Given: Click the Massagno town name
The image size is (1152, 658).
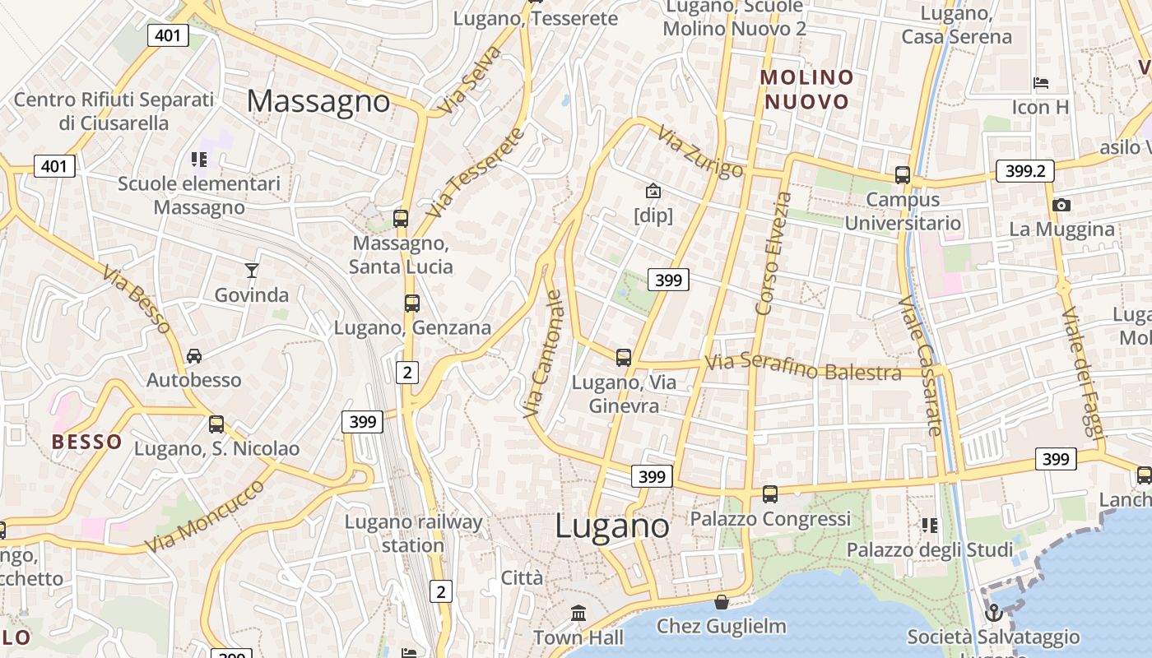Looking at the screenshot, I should [318, 101].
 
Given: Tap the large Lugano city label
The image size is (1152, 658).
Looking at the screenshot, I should [612, 526].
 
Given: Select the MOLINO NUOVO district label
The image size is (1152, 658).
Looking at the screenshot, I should [806, 90].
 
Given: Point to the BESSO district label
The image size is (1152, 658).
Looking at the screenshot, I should [86, 442].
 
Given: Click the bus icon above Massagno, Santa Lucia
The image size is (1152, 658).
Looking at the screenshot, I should [401, 219].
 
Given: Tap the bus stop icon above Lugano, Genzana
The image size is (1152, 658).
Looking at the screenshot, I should [412, 303].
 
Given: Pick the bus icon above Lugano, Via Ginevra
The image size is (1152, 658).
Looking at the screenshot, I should [624, 357].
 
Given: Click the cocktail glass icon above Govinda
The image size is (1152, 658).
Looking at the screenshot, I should [252, 270].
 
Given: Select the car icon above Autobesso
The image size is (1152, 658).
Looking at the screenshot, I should [194, 355].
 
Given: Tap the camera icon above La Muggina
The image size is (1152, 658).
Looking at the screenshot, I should [1061, 205].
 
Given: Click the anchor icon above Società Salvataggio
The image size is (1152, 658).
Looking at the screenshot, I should [993, 613].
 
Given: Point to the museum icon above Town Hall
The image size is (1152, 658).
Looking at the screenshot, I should [578, 613].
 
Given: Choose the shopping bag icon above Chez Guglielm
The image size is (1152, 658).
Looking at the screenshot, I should [722, 602].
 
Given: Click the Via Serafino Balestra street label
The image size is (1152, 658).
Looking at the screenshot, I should [803, 367].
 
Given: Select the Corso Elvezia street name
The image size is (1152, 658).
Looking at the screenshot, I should [773, 253].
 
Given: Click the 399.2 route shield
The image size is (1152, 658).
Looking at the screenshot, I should [1024, 170].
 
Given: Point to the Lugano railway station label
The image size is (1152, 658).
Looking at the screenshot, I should [413, 533].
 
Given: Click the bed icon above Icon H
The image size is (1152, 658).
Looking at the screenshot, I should [1041, 82].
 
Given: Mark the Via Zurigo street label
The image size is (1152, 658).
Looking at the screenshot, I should [701, 151].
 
